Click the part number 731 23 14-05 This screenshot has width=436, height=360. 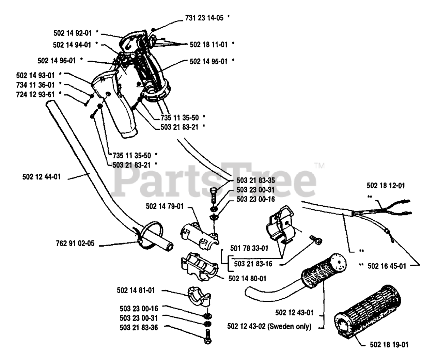(x=204, y=18)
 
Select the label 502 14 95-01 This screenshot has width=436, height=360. (x=208, y=62)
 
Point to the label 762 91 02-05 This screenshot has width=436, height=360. (x=75, y=244)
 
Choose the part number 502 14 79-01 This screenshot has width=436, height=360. (x=165, y=206)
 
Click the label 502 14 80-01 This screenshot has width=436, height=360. (x=247, y=279)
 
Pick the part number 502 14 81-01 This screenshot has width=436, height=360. (x=136, y=291)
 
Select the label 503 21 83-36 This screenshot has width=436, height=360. (x=139, y=327)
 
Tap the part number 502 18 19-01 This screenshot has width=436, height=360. (x=389, y=345)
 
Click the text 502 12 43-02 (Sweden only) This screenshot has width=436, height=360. (x=269, y=327)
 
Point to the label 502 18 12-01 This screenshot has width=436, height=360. (x=386, y=186)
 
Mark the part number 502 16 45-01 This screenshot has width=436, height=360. (x=387, y=266)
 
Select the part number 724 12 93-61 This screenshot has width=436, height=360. (x=35, y=94)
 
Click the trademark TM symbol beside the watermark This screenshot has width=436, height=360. (x=319, y=166)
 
